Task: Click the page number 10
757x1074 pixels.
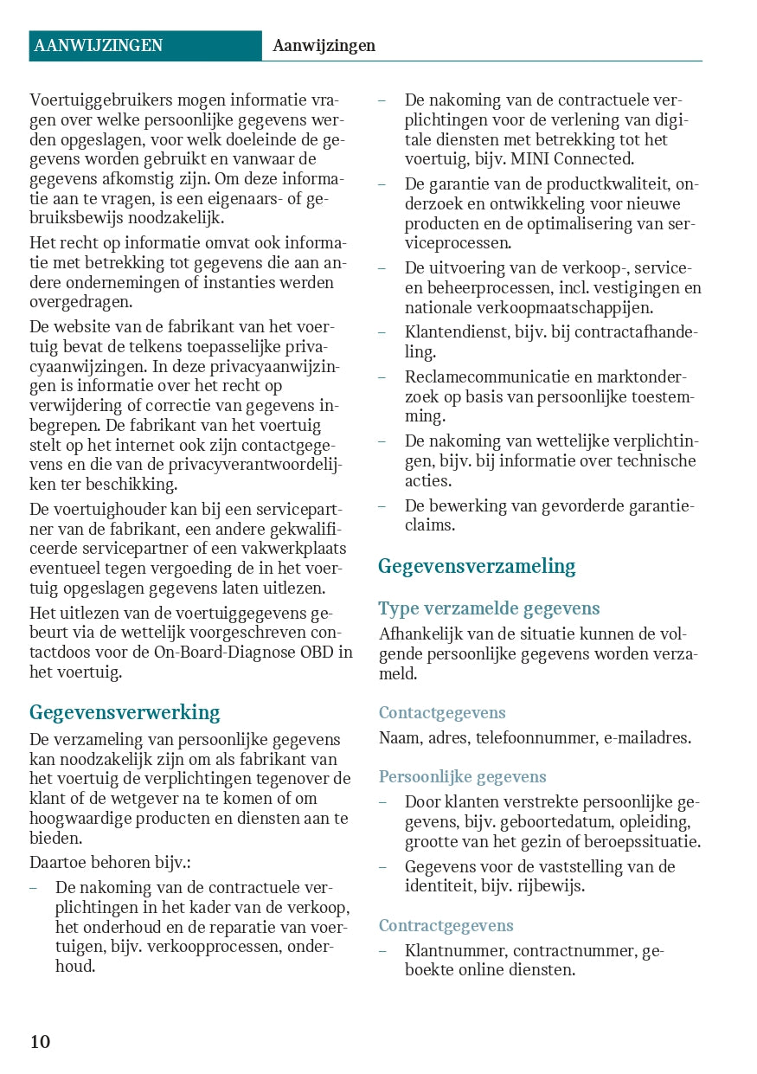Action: point(41,1041)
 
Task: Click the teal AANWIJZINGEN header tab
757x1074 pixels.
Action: point(144,46)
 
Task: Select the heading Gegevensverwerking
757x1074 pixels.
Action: point(125,712)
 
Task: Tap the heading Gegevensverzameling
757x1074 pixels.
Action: point(477,566)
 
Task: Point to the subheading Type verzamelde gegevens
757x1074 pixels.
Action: point(489,608)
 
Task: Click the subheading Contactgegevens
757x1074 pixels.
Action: point(442,713)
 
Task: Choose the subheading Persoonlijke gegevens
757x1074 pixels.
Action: point(463,776)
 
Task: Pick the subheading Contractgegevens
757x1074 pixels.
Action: point(446,926)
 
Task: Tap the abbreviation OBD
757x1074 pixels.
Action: point(320,652)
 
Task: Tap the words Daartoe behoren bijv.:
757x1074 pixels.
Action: point(110,862)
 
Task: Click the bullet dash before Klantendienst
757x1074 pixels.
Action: point(382,332)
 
